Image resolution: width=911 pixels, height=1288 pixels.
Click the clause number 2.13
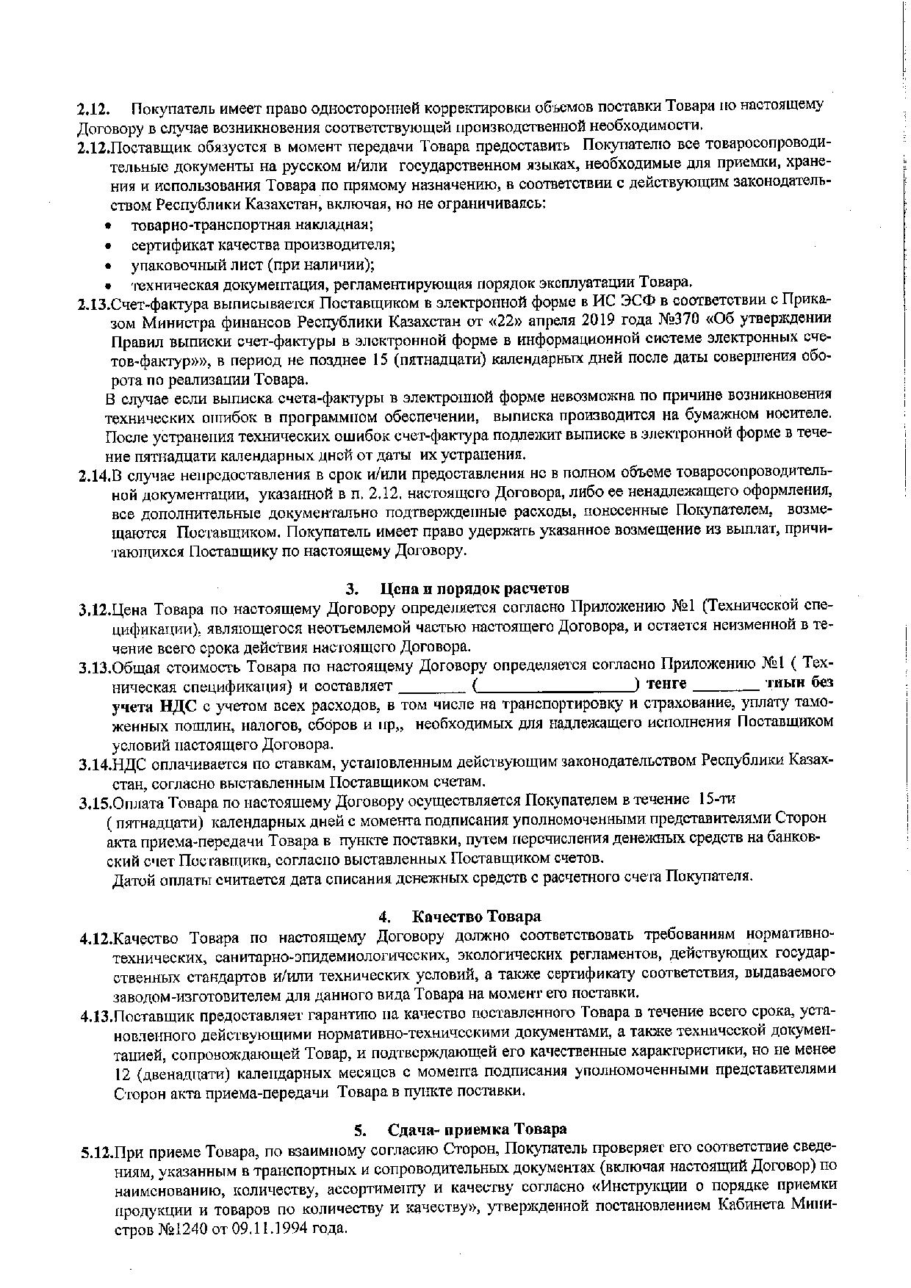94,303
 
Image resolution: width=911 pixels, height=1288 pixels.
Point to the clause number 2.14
94,475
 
